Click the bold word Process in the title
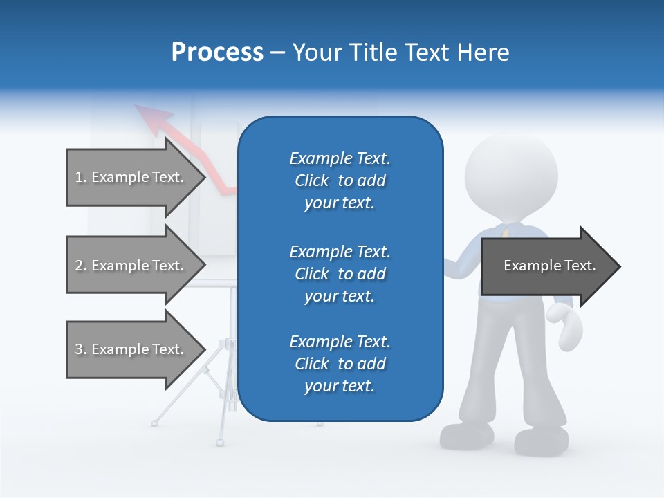pos(217,52)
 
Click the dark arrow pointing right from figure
pos(550,266)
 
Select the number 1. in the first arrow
pos(80,178)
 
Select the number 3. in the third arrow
pos(80,350)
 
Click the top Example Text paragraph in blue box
pos(340,181)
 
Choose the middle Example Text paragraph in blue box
pos(340,274)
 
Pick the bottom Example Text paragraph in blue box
pos(340,364)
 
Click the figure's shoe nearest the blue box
pos(467,434)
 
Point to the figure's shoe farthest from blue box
pos(541,441)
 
